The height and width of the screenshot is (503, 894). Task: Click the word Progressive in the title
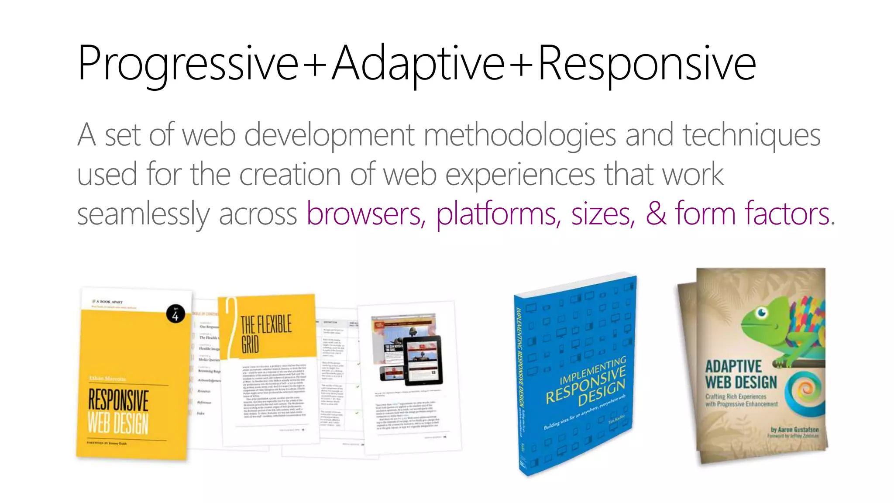point(188,64)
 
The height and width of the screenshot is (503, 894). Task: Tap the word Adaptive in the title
point(418,64)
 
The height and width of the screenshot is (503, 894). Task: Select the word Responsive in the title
point(647,64)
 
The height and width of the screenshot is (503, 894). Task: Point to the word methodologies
point(519,135)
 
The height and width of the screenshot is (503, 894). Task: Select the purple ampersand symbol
point(656,214)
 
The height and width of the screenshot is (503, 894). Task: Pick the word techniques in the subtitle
point(751,135)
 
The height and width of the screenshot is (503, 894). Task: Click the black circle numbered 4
point(175,314)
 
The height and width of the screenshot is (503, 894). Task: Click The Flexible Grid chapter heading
point(266,334)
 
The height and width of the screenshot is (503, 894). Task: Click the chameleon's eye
point(762,312)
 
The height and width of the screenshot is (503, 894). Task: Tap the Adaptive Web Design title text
point(741,374)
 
